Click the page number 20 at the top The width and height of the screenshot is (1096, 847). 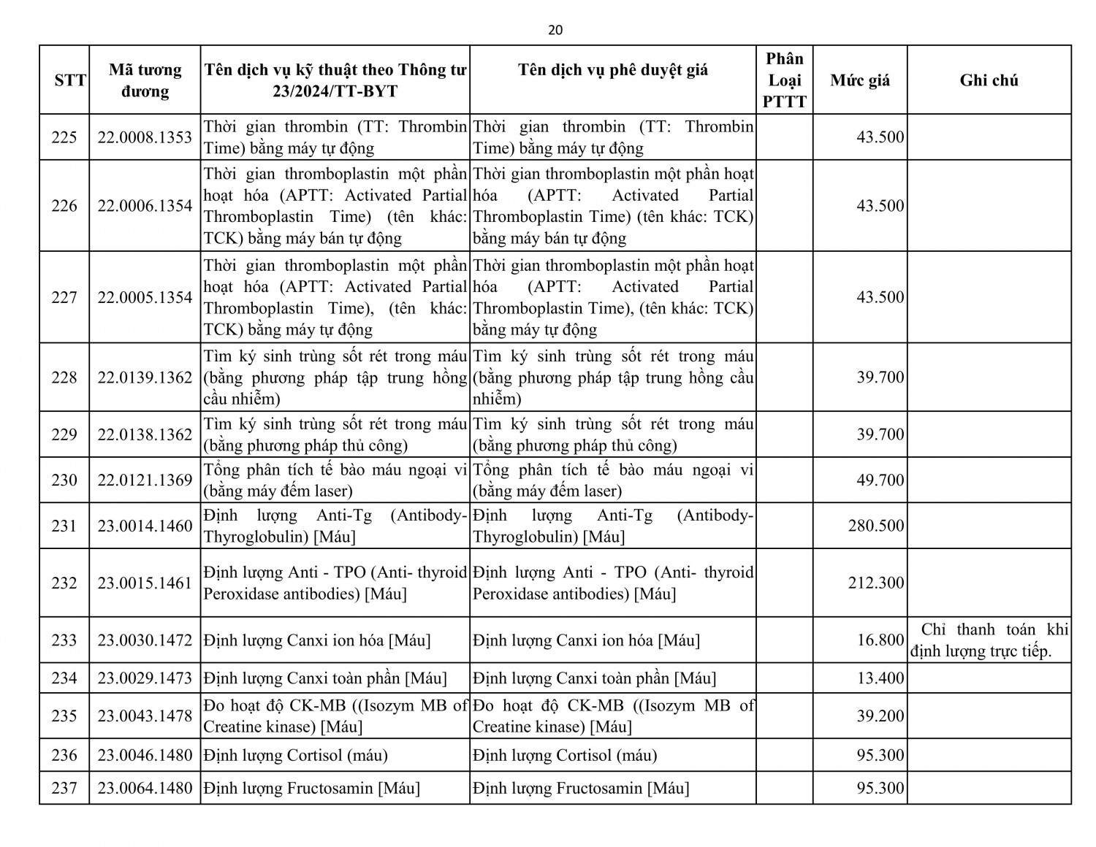(555, 30)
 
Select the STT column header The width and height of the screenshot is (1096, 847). (70, 80)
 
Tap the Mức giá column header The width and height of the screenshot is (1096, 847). (860, 80)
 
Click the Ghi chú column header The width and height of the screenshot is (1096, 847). (989, 80)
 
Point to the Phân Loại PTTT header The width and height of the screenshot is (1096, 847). (784, 80)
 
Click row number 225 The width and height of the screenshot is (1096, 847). (64, 137)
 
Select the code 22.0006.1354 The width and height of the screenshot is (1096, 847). (145, 206)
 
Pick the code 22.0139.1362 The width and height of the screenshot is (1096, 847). (145, 377)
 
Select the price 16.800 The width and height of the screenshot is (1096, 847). (880, 640)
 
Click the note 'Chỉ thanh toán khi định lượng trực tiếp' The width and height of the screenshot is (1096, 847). (989, 640)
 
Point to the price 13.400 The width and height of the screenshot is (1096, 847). (880, 678)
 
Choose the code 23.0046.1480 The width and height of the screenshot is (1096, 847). (145, 755)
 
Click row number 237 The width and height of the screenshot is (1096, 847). (64, 789)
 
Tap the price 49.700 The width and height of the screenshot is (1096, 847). (880, 480)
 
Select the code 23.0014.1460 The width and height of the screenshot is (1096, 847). (145, 526)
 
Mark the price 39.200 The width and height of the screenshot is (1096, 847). (880, 716)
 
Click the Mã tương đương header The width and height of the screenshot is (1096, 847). (145, 80)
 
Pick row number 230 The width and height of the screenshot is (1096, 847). (64, 480)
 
